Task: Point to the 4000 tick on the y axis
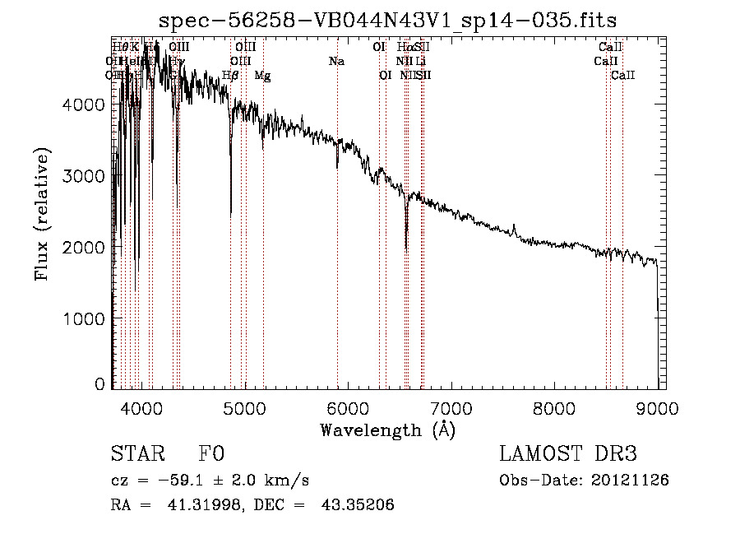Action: click(x=85, y=104)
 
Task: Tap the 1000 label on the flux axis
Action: click(x=85, y=318)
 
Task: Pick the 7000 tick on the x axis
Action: click(x=451, y=406)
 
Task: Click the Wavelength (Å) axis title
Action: click(x=387, y=430)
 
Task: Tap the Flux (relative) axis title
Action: click(x=42, y=213)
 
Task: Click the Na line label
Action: click(x=336, y=61)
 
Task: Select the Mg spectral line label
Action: click(x=262, y=76)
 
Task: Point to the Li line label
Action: click(x=420, y=61)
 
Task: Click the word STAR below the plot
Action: click(x=136, y=454)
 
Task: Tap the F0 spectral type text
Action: click(x=211, y=454)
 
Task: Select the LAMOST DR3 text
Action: click(x=568, y=454)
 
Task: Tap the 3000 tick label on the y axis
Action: click(x=85, y=176)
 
